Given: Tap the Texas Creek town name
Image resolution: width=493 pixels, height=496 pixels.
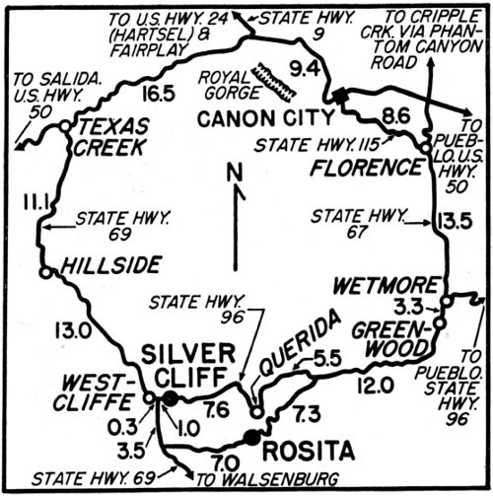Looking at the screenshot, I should click(112, 138).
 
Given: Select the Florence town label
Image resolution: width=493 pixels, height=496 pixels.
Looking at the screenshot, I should click(365, 165).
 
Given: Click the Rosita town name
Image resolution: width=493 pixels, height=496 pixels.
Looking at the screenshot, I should click(307, 453).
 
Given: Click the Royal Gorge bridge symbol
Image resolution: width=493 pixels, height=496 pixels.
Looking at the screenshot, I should click(274, 82).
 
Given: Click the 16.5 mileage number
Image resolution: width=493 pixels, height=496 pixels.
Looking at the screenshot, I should click(157, 95).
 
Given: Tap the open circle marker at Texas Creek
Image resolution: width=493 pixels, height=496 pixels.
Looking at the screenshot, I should click(63, 126).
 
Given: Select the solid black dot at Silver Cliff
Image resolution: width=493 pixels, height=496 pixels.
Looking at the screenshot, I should click(170, 398).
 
